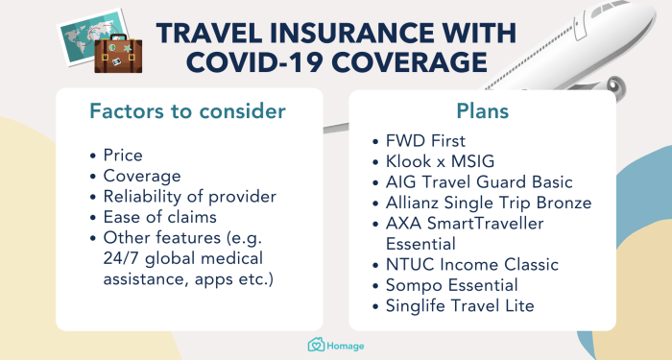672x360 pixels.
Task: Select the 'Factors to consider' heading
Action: coord(187,111)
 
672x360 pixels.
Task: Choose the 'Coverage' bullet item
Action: coord(143,176)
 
